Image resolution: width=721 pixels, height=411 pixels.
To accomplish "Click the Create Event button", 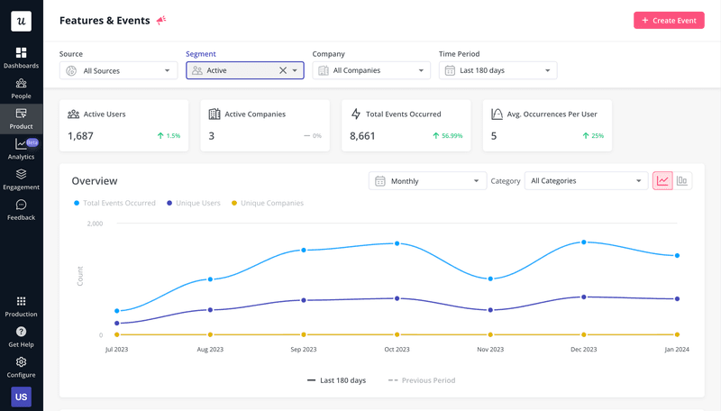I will coord(669,20).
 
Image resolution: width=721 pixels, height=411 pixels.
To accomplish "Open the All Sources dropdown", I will coord(118,70).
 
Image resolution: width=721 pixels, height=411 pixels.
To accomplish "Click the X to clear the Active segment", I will coord(282,70).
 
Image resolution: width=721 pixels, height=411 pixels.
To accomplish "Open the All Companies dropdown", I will coord(371,70).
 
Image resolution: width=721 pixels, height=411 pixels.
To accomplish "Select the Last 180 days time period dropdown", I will coord(497,70).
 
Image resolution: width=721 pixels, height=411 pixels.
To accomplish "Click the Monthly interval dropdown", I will coord(427,181).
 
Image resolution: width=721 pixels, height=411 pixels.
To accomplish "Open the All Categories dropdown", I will coord(586,181).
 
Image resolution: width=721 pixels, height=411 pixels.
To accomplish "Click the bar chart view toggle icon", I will coord(682,181).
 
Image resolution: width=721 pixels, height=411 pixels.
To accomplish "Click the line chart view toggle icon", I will coord(662,181).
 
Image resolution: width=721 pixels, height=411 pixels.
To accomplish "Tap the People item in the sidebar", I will coord(21,87).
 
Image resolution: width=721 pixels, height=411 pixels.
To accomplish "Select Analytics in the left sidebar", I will coord(21,149).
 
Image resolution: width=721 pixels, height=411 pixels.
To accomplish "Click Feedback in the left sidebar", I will coord(21,210).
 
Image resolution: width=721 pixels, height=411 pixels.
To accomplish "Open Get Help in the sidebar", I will coord(21,337).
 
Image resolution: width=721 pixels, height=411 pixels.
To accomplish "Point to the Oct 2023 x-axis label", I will coord(397,349).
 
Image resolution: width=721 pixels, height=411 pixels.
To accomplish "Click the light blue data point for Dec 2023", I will coord(584,242).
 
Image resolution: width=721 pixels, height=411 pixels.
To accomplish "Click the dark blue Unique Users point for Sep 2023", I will coord(304,300).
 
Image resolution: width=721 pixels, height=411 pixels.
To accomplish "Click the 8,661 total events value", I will coord(362,136).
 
